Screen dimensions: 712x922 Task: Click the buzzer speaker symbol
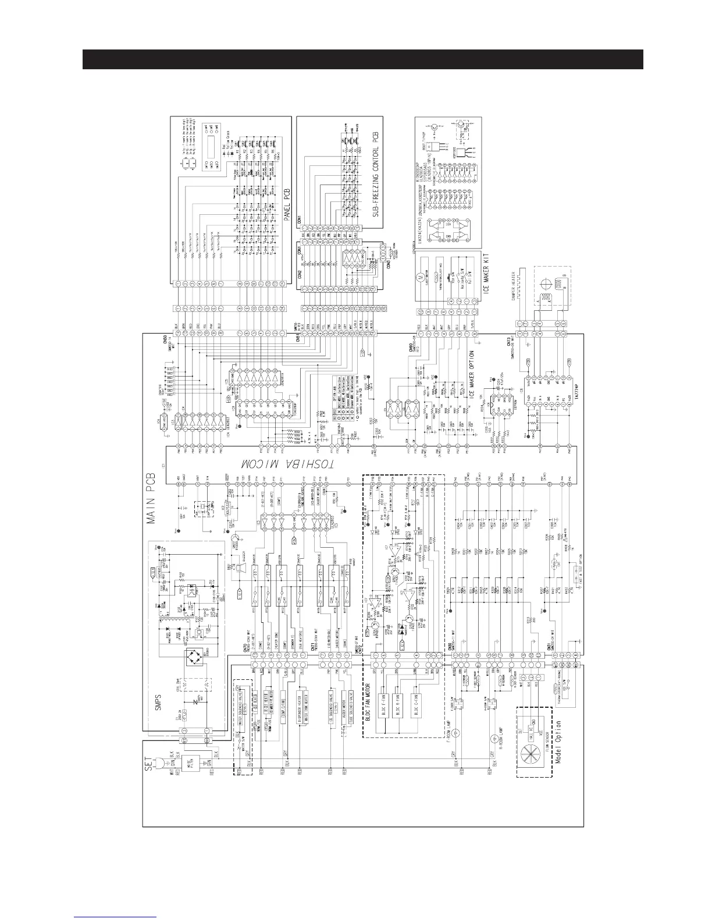coord(239,570)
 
